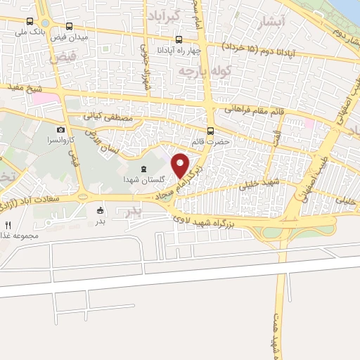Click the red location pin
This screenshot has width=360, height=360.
click(181, 165)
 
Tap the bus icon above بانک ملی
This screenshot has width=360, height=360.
click(29, 22)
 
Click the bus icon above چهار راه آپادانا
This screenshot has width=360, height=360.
click(179, 39)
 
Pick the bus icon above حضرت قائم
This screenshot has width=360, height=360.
click(210, 131)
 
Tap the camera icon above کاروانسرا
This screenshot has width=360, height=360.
click(62, 130)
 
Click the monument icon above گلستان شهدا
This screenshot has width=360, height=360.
click(143, 169)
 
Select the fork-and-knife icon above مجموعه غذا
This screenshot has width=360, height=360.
click(8, 225)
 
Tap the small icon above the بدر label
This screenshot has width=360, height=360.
click(99, 210)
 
